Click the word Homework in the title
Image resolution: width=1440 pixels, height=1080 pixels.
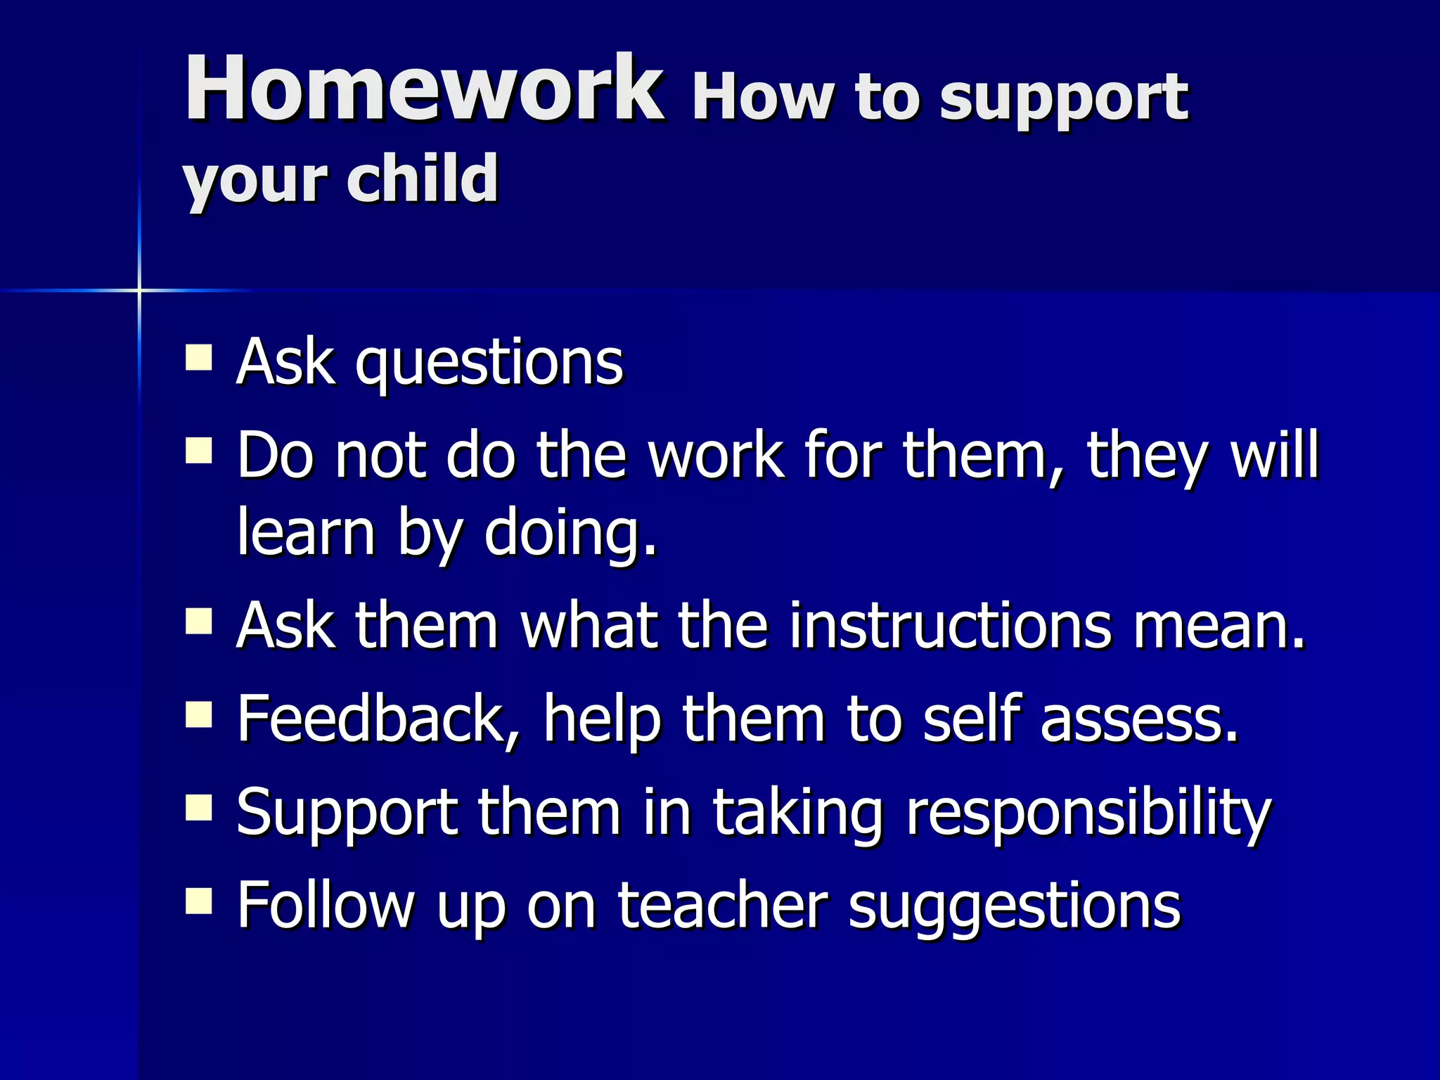pyautogui.click(x=423, y=89)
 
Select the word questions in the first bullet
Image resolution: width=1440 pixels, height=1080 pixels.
pyautogui.click(x=489, y=364)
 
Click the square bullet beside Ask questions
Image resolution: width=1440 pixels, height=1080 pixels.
pyautogui.click(x=199, y=357)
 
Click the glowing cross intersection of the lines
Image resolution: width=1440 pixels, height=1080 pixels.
pyautogui.click(x=139, y=290)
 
